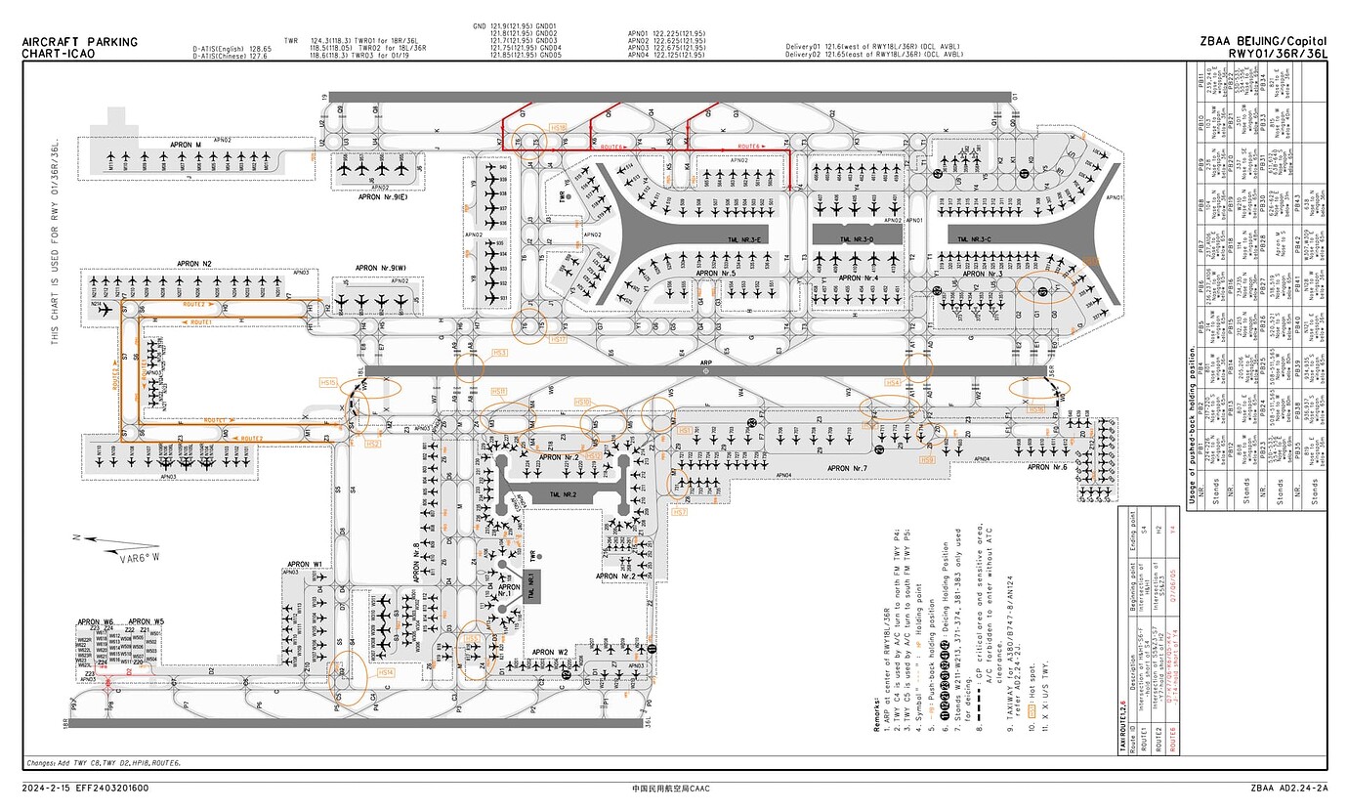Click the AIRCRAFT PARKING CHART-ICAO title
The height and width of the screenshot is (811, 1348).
pyautogui.click(x=79, y=47)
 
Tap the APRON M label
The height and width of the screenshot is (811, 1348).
pyautogui.click(x=186, y=146)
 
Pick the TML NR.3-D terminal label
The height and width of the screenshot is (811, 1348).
pyautogui.click(x=857, y=239)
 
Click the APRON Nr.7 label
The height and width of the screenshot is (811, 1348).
pyautogui.click(x=854, y=469)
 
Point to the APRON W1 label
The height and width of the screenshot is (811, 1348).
pyautogui.click(x=304, y=565)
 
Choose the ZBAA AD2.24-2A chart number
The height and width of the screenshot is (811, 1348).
pyautogui.click(x=1288, y=788)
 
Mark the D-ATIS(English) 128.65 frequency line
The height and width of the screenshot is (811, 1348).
pyautogui.click(x=231, y=48)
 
